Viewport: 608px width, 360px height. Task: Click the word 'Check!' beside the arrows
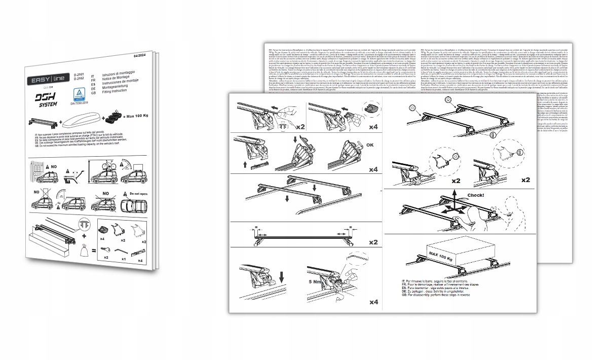(475, 195)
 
